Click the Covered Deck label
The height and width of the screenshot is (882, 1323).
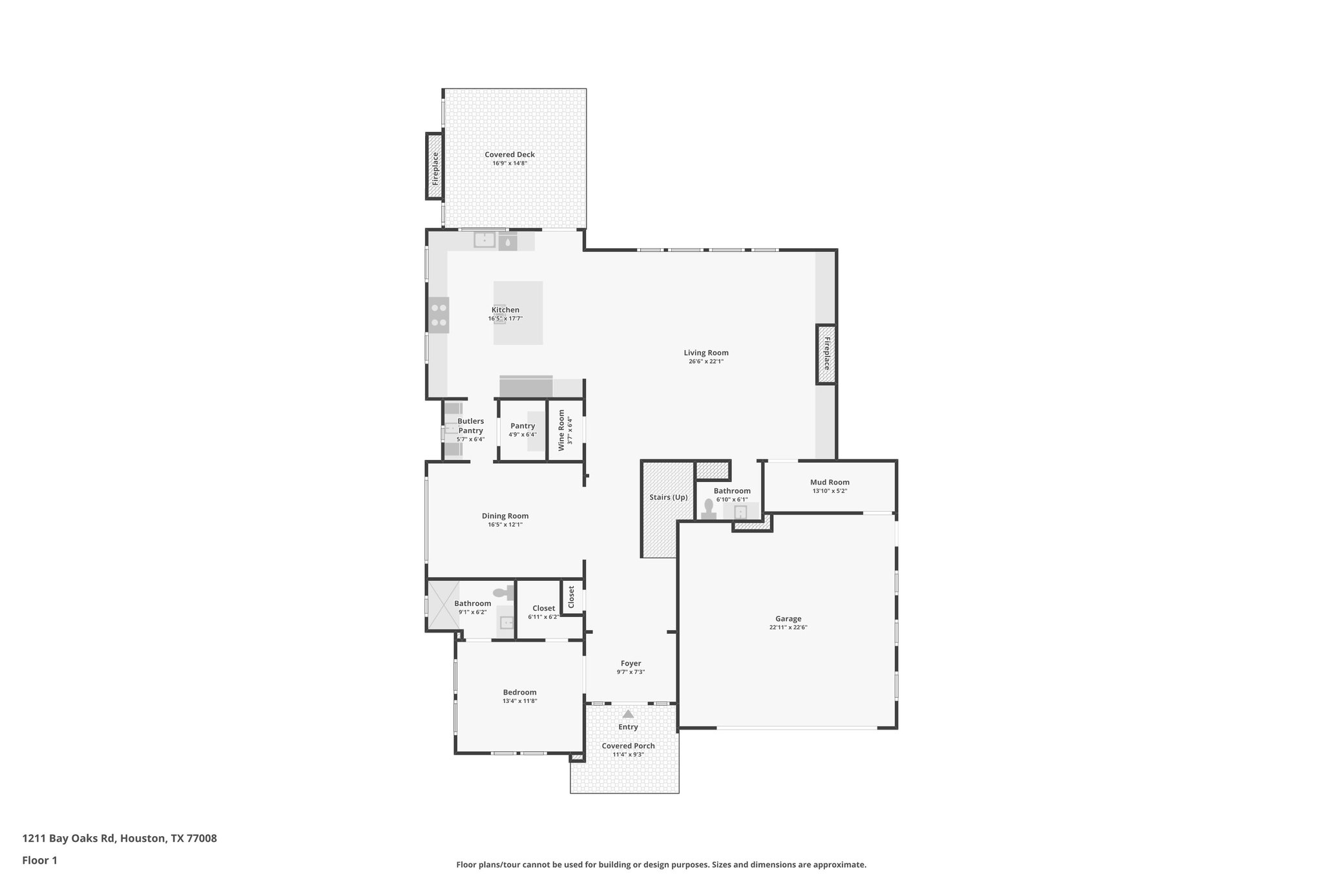point(510,154)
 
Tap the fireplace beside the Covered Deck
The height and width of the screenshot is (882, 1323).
point(435,167)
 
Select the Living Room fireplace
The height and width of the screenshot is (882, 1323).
point(826,354)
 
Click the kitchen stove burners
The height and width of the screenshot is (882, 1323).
point(439,315)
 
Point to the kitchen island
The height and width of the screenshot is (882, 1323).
point(518,313)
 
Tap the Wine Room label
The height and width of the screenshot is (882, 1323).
point(561,430)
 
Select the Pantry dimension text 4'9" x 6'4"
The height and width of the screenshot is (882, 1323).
point(522,435)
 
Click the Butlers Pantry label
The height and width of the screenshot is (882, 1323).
point(470,426)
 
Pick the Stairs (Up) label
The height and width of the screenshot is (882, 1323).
point(668,497)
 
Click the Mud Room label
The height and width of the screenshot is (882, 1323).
point(829,482)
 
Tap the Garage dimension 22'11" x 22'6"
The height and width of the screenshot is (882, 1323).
point(788,627)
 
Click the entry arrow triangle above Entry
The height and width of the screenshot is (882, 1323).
point(628,714)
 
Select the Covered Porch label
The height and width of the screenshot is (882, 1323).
point(628,746)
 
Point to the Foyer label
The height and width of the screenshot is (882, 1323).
point(630,664)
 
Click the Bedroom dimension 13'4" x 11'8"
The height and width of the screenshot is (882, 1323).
point(519,701)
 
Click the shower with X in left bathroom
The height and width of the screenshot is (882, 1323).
point(443,605)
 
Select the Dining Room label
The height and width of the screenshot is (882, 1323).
point(505,516)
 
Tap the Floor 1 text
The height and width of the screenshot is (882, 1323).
point(39,860)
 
